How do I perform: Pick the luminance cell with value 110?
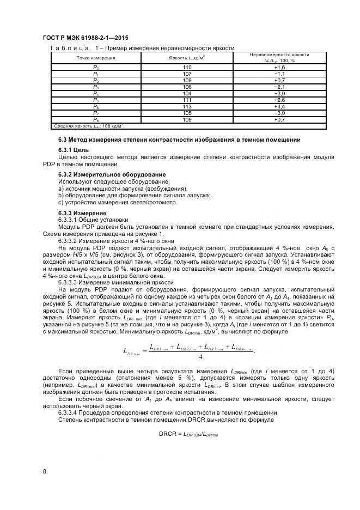click(x=187, y=67)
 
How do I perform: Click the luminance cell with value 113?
click(x=187, y=107)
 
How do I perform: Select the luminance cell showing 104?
click(x=187, y=94)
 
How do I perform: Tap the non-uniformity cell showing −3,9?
click(x=279, y=94)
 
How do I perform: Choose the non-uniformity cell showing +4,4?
click(x=279, y=107)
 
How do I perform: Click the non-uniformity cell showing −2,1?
click(x=279, y=87)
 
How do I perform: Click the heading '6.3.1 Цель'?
click(x=74, y=149)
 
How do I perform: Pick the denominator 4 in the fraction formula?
click(x=200, y=357)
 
